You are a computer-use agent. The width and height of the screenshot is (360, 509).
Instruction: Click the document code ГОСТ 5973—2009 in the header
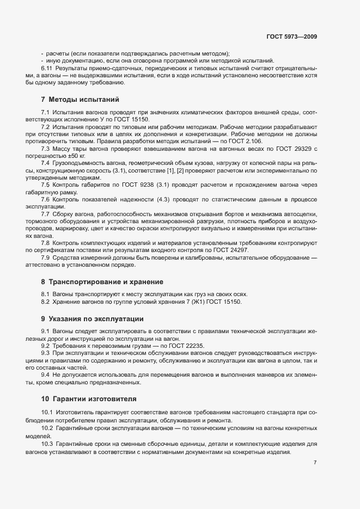click(291, 36)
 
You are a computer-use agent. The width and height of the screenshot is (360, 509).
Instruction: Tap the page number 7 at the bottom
click(315, 463)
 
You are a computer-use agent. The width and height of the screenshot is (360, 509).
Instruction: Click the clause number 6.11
click(46, 68)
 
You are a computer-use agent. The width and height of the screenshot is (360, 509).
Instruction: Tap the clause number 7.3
click(46, 149)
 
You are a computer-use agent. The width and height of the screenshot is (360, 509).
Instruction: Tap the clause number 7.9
click(46, 257)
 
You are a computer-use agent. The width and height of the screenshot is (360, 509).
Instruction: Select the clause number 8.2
click(46, 302)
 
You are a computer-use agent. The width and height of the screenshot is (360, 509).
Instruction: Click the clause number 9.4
click(46, 375)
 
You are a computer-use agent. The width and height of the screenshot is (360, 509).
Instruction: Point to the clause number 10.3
click(47, 444)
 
